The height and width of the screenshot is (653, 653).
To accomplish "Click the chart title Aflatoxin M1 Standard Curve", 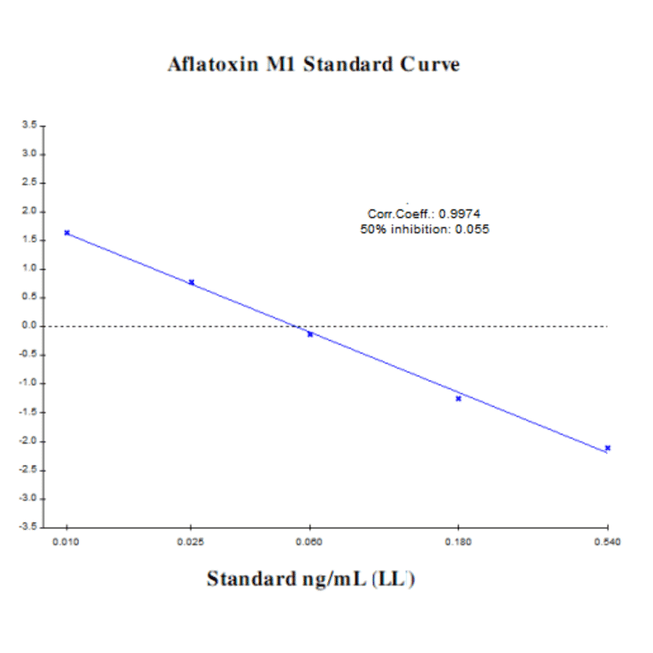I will tap(314, 65).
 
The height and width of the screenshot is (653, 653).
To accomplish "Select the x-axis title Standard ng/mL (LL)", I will tap(311, 579).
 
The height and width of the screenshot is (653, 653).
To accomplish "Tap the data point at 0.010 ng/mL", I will tap(67, 232).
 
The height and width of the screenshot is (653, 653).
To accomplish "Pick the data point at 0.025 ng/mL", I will tap(191, 282).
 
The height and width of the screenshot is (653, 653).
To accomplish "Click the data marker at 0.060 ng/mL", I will tap(310, 334).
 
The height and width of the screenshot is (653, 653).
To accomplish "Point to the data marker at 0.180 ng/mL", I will tap(459, 398).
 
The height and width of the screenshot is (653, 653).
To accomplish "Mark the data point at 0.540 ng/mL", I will tap(608, 448).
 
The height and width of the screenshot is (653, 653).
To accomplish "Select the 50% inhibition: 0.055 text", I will tap(425, 229).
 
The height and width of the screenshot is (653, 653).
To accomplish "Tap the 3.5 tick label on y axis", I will tap(30, 126).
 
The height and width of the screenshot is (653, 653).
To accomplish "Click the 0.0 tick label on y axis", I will tap(30, 326).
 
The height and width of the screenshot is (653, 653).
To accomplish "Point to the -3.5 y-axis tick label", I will tap(28, 527).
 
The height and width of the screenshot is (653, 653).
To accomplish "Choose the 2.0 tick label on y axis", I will tap(30, 211).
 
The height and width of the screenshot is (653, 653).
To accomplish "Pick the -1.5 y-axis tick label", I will tap(28, 412).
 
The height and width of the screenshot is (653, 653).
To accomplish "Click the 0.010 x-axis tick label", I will tap(66, 542).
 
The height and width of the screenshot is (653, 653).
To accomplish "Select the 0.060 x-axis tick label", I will tap(309, 542).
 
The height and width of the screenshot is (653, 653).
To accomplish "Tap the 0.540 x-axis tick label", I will tap(608, 542).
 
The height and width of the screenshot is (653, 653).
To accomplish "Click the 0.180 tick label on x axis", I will tap(459, 542).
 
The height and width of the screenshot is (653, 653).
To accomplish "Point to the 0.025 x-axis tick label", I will tap(191, 542).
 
